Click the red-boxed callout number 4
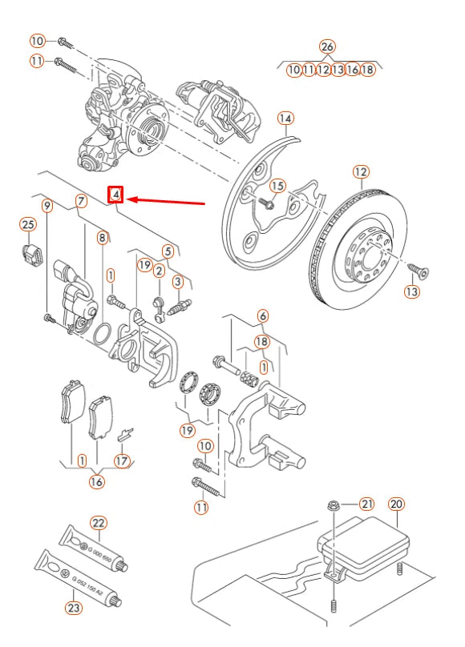coord(116,195)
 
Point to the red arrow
coord(168,199)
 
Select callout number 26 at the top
coord(326,46)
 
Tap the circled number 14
coord(285,119)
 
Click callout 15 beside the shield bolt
coord(277,186)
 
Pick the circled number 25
coord(28,224)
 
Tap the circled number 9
coord(47,207)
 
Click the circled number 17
coord(122,460)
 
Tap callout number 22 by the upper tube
coord(98,523)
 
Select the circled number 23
coord(74,608)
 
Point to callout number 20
coord(396,504)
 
